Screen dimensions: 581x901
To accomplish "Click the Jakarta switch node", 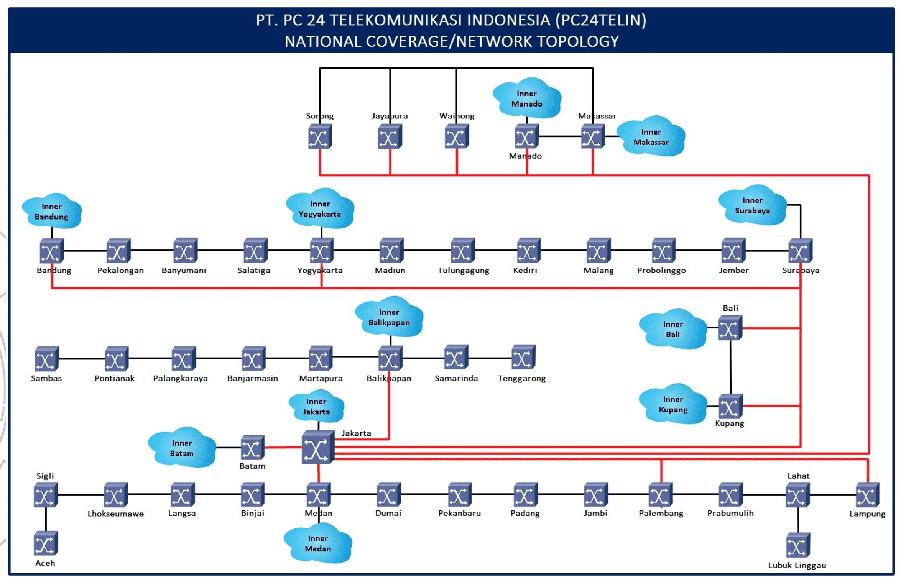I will (x=317, y=447).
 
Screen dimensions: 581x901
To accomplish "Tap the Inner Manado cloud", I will (x=527, y=98).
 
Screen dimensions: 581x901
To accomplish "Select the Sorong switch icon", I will (x=320, y=137).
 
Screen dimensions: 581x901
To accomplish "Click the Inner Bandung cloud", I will (x=52, y=211).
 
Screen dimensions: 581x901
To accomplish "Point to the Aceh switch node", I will (x=46, y=543).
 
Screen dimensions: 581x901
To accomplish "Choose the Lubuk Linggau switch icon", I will (x=798, y=545).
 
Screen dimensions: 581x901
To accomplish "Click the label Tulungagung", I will (x=463, y=271).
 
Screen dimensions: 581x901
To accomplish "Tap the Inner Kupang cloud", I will (x=673, y=404).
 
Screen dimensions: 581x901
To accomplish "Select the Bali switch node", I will (x=730, y=328).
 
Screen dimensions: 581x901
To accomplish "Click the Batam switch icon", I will (x=252, y=448).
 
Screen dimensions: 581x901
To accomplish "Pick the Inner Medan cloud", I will (x=318, y=543).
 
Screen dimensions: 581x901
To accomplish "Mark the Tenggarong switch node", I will (x=523, y=357).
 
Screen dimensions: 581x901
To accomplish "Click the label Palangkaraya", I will (x=180, y=379).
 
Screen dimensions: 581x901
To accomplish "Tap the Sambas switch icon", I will (x=46, y=359).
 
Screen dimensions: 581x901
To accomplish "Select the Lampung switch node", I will (x=867, y=495).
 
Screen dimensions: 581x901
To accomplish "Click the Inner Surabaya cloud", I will (x=752, y=206).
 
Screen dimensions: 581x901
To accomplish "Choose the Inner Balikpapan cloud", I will (x=389, y=317).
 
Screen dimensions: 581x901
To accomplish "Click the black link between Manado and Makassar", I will (x=560, y=136).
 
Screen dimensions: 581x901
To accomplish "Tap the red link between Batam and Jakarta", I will (x=283, y=447).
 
